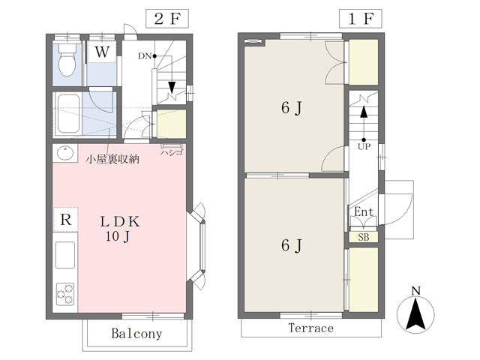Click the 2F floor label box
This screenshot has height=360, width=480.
coord(166,19)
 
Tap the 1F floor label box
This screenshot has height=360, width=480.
coord(360,19)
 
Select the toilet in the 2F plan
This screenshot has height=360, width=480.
coord(67,59)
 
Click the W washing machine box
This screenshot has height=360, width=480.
coord(102,52)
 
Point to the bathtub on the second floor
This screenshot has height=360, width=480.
coord(69,113)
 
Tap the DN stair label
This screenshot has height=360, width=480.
coord(145,56)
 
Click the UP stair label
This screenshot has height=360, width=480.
coord(364,147)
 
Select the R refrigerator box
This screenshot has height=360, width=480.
coord(65,220)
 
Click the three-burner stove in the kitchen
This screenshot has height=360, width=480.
coord(65,294)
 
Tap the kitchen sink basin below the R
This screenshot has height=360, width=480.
coord(65,255)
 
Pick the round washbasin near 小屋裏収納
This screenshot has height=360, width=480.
coord(65,153)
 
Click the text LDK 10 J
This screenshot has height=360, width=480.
coord(120,228)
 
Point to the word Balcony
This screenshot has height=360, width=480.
coord(136,333)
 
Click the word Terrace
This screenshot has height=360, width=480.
coord(310,328)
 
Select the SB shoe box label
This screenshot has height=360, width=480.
coord(364,237)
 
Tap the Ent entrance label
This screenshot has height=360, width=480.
coord(364,211)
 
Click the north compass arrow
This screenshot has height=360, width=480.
coord(415,315)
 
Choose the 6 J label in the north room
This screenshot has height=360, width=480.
coord(292,108)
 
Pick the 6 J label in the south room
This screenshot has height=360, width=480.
coord(292,245)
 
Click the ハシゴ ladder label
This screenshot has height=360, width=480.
coord(172,152)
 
